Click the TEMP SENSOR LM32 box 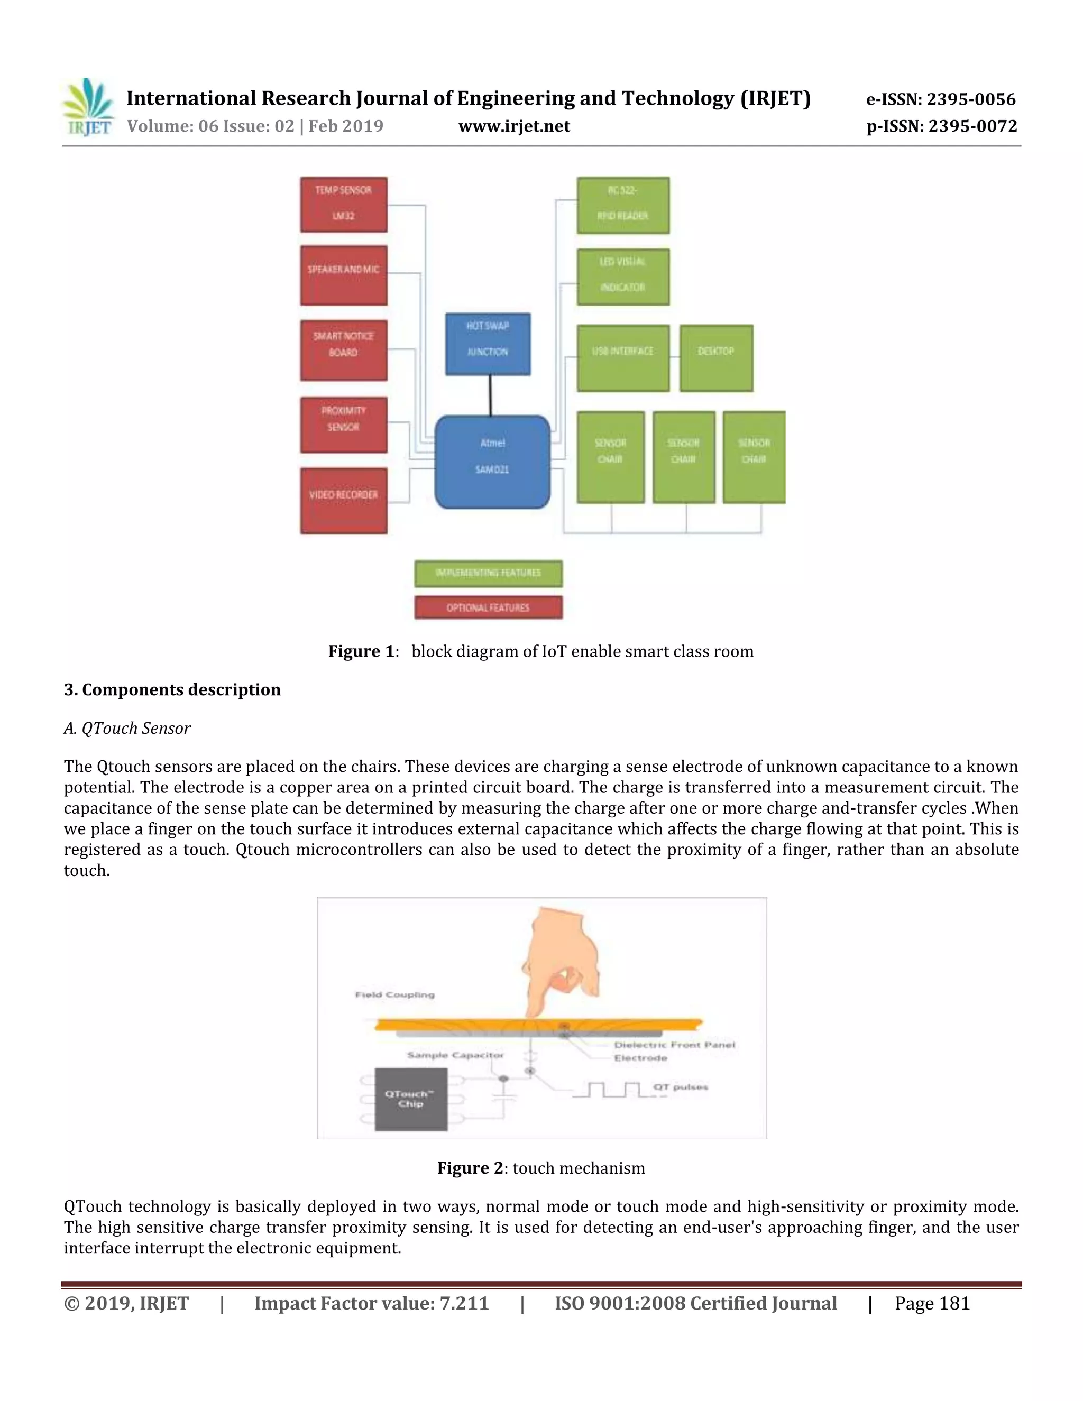pos(343,204)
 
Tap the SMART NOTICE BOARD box pos(343,349)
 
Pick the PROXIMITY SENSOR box pos(343,424)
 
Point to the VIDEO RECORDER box pos(343,500)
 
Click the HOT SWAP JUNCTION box pos(488,343)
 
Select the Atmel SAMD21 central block pos(492,462)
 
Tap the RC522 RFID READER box pos(622,205)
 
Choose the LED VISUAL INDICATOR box pos(622,276)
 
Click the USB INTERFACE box pos(622,357)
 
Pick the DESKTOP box pos(716,357)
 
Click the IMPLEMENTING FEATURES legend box pos(488,573)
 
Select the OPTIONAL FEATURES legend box pos(488,607)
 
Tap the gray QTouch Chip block pos(410,1099)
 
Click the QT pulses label pos(680,1086)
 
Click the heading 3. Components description pos(172,689)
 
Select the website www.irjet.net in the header pos(514,126)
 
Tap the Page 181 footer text pos(932,1304)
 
